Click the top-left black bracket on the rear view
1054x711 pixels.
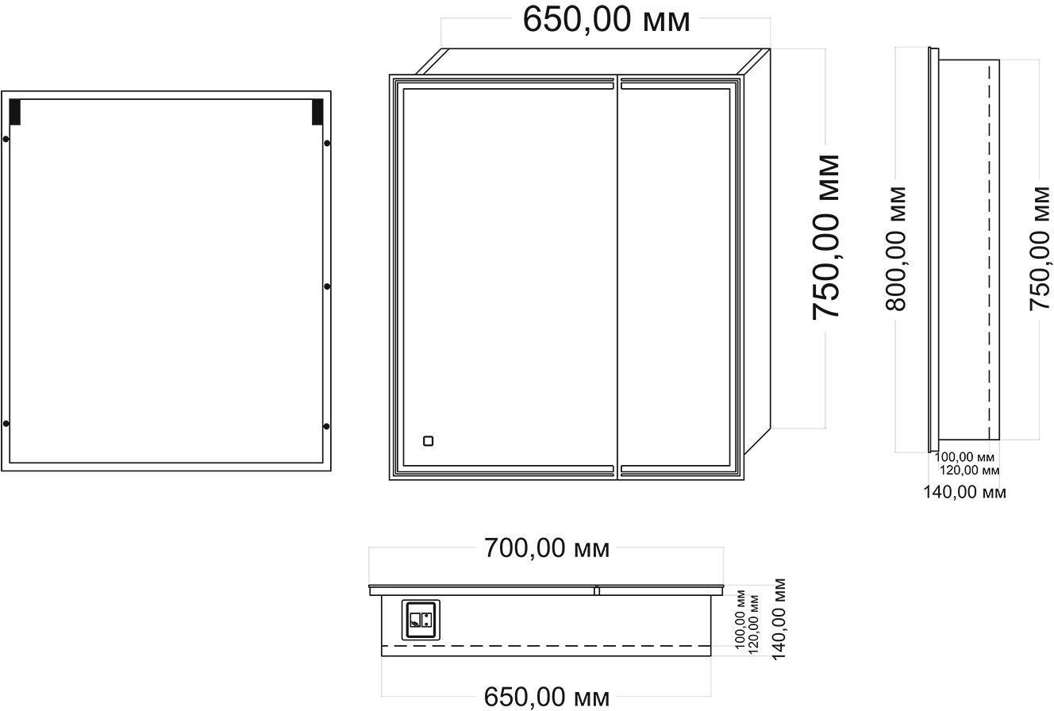(x=15, y=112)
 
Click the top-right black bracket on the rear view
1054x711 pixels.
(x=317, y=112)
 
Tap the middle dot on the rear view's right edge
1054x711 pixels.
(x=327, y=286)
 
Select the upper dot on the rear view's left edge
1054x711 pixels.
(x=6, y=140)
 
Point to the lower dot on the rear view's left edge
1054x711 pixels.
(x=6, y=424)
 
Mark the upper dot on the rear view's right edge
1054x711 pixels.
(x=327, y=143)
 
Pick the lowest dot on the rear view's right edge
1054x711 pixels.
(x=326, y=426)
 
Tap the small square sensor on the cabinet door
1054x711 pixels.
(x=429, y=441)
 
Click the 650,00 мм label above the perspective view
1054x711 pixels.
(x=606, y=20)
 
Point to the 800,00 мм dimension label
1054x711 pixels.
(x=895, y=249)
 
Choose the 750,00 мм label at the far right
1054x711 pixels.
(x=1040, y=249)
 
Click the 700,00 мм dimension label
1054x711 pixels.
(x=547, y=548)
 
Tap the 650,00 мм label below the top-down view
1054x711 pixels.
(x=547, y=697)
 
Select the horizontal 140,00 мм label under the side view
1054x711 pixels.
(x=964, y=492)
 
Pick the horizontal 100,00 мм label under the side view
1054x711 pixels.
(x=964, y=456)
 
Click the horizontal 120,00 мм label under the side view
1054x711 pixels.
(x=969, y=470)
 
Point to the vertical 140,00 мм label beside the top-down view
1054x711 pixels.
(x=779, y=619)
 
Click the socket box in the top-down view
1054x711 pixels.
(x=421, y=621)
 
